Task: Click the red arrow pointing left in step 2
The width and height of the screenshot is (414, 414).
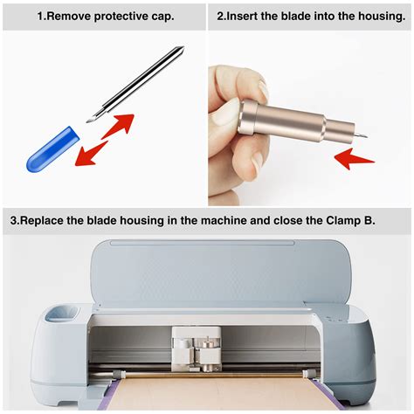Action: pyautogui.click(x=355, y=158)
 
